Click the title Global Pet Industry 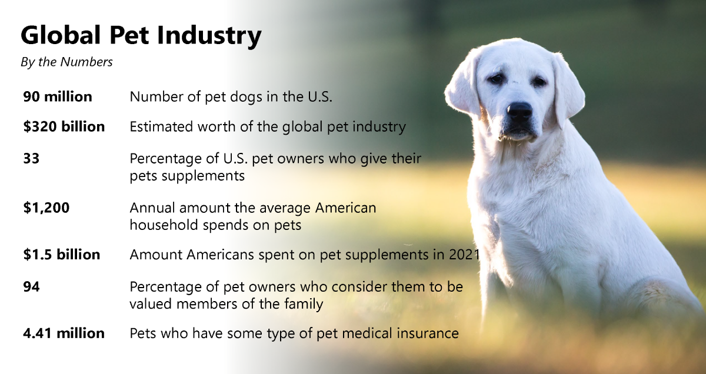tap(141, 36)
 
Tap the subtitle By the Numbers tap(66, 62)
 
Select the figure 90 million tap(58, 96)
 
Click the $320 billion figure tap(64, 126)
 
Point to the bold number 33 tap(31, 159)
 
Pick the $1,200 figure tap(46, 208)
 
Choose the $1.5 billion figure tap(61, 255)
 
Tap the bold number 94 tap(31, 287)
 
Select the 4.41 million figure tap(64, 333)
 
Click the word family tap(304, 305)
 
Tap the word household tap(164, 225)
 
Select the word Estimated tap(161, 127)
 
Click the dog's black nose tap(519, 111)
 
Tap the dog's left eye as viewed tap(496, 78)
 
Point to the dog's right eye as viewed tap(540, 82)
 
